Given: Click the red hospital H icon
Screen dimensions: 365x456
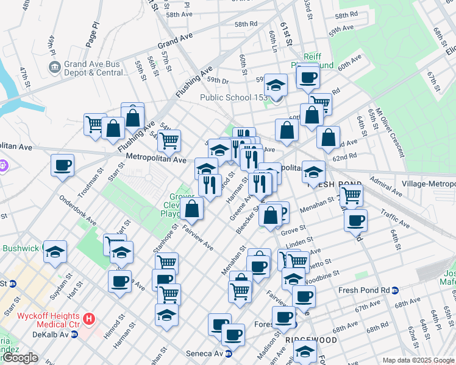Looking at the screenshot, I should click(89, 318).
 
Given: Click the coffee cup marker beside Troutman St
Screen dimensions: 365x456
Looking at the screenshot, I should click(62, 165).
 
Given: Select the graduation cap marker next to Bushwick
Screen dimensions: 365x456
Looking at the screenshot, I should click(55, 252).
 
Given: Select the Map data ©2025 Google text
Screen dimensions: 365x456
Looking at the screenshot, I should click(418, 360).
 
